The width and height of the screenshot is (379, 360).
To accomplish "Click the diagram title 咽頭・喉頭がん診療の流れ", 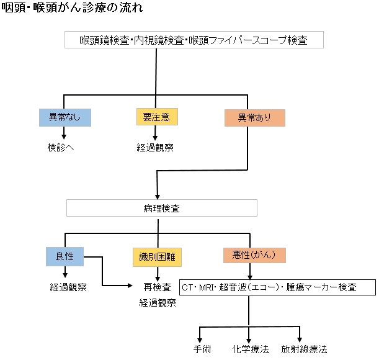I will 73,9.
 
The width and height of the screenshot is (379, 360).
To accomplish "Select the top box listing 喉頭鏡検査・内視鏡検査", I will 193,40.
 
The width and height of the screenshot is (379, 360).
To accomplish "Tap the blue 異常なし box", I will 65,117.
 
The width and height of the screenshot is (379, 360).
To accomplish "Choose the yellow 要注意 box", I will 156,117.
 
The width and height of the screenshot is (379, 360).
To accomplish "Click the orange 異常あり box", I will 254,117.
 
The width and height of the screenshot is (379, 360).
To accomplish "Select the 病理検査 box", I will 161,208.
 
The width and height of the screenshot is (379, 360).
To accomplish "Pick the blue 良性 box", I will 65,255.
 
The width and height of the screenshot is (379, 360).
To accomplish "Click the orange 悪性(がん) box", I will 254,255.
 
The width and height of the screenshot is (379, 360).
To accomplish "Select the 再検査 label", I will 158,287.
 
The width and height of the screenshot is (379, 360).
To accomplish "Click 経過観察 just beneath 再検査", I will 158,303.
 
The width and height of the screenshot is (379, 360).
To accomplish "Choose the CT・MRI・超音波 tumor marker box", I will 277,288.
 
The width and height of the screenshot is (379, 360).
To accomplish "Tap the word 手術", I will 202,349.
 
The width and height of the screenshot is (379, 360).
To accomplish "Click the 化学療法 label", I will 251,349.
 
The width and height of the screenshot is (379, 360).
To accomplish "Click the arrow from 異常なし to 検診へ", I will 65,133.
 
